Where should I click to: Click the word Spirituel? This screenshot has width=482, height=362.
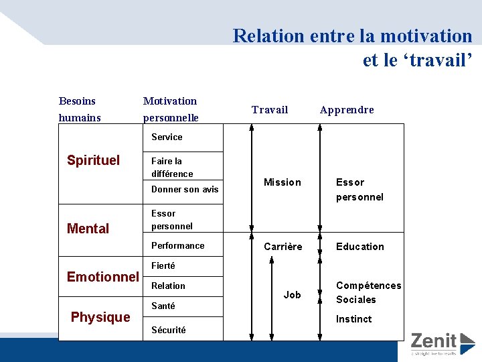pos(94,160)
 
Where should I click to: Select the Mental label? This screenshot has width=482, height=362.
pos(88,229)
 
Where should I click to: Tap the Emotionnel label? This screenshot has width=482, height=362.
pos(103,276)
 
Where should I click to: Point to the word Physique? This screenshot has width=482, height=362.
pos(100,317)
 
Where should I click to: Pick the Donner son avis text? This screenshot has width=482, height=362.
pos(185,190)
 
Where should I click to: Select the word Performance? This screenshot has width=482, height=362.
pos(178,246)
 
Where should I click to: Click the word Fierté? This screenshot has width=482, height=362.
pos(163,266)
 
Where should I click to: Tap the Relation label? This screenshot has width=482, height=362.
pos(169,286)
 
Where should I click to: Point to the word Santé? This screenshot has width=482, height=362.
pos(163,306)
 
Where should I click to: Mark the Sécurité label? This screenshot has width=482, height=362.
pos(169,330)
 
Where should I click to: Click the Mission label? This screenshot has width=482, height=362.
pos(283,182)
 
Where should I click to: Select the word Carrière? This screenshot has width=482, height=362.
pos(283,247)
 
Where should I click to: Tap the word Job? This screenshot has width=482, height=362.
pos(293,295)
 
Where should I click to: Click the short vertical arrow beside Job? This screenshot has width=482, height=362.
pos(270,295)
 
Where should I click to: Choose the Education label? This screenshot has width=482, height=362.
pos(360,247)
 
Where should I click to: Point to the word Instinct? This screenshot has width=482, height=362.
pos(354,319)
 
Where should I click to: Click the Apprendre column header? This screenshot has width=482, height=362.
pos(347,110)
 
